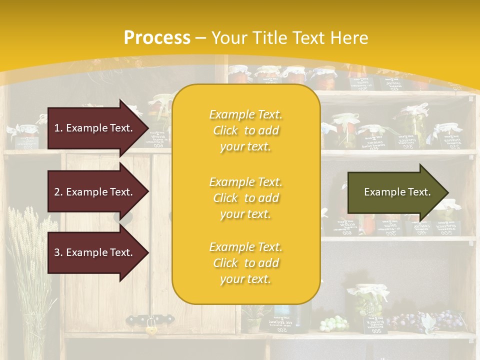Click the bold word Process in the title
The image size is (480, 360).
157,37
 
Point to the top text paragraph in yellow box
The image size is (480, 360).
245,130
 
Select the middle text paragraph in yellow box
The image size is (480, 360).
245,198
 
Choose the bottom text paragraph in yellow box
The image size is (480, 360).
245,263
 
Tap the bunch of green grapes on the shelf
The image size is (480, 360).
333,323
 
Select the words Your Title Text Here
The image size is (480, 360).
290,37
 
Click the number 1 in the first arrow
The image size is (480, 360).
56,128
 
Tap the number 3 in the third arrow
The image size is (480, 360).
56,252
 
